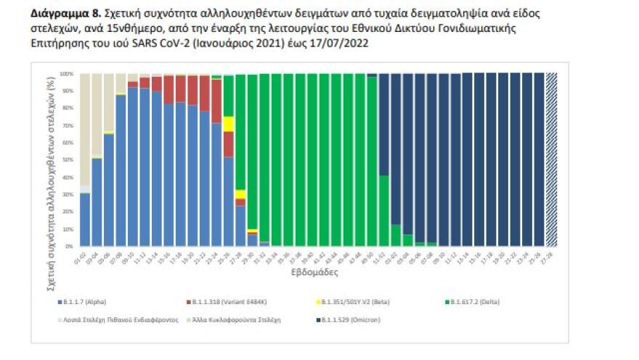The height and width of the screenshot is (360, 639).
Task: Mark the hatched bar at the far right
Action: click(x=550, y=160)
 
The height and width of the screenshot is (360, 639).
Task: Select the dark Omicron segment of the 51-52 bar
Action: click(x=383, y=123)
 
